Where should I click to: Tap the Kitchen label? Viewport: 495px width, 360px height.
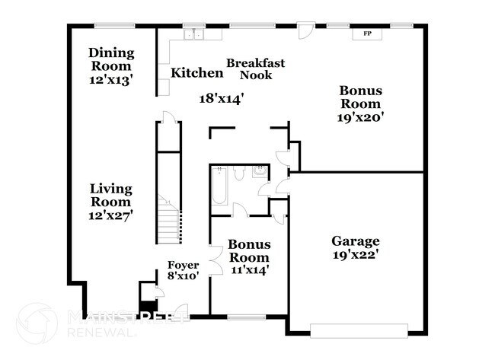coord(196,73)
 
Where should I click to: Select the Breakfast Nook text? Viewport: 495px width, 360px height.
coord(256,68)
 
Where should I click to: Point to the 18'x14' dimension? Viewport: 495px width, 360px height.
coord(221,98)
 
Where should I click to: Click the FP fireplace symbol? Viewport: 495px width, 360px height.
coord(367,33)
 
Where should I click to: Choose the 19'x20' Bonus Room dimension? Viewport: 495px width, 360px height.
coord(360,117)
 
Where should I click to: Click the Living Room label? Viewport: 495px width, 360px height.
coord(111,195)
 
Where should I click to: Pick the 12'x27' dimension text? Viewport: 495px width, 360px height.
coord(111,215)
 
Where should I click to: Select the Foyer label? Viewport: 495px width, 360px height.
coord(184,264)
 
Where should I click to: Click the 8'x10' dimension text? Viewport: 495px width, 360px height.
coord(184,276)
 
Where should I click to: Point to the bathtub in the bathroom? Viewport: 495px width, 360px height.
coord(219,186)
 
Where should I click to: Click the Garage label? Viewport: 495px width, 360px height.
coord(355,241)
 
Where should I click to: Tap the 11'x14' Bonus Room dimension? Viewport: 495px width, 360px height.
coord(249,269)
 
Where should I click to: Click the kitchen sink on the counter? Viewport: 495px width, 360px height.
coord(193,33)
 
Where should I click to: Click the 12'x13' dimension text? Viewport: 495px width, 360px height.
coord(111,78)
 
